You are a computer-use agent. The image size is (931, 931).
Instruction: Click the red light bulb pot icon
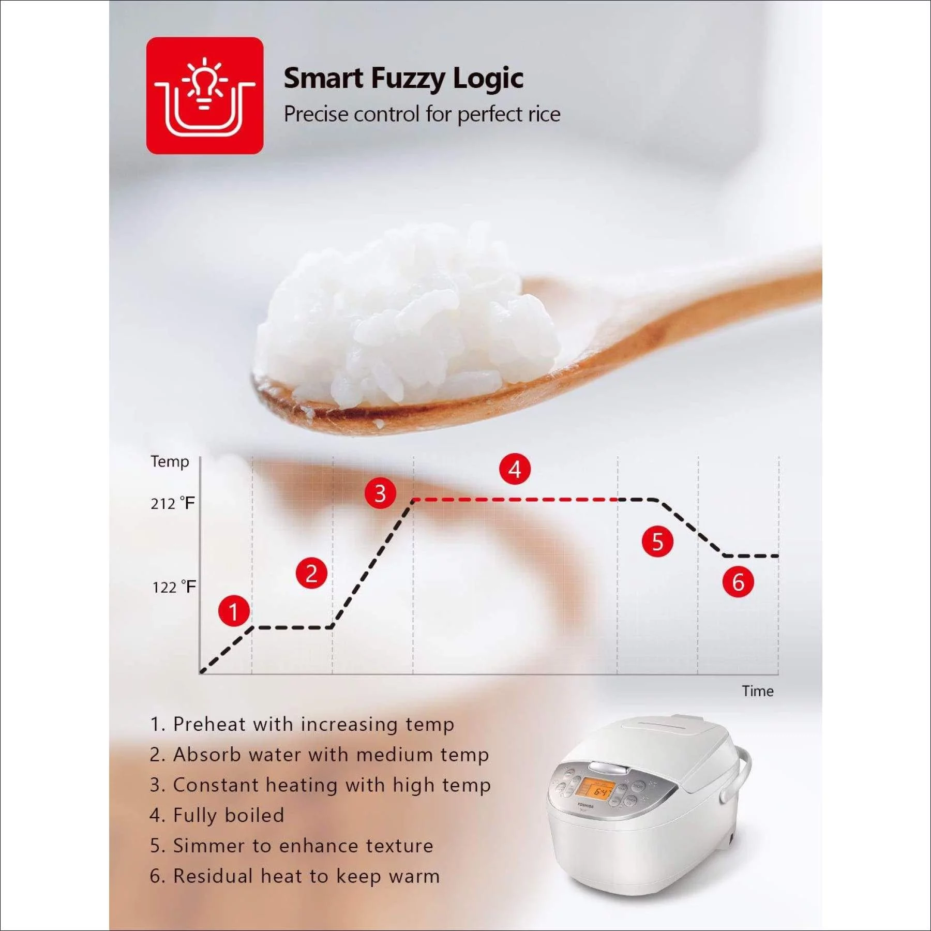pyautogui.click(x=205, y=96)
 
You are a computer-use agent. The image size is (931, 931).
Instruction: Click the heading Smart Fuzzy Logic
pyautogui.click(x=403, y=79)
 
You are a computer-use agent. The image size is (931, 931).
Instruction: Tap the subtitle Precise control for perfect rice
pyautogui.click(x=422, y=114)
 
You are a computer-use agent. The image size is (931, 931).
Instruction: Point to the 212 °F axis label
pyautogui.click(x=173, y=503)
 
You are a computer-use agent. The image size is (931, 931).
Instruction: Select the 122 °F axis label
pyautogui.click(x=174, y=587)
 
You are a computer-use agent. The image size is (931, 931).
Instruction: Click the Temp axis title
pyautogui.click(x=170, y=461)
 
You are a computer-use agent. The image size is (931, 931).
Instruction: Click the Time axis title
pyautogui.click(x=757, y=691)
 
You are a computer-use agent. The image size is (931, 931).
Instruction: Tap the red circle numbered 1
pyautogui.click(x=234, y=611)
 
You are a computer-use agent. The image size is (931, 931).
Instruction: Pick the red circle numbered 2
pyautogui.click(x=311, y=574)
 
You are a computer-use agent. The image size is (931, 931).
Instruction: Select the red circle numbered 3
pyautogui.click(x=380, y=493)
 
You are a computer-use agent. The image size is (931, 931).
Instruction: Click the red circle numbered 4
pyautogui.click(x=515, y=470)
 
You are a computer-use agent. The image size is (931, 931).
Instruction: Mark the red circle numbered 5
pyautogui.click(x=657, y=542)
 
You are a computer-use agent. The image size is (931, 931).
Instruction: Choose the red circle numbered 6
pyautogui.click(x=738, y=582)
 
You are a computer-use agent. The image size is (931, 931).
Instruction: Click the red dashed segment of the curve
pyautogui.click(x=515, y=500)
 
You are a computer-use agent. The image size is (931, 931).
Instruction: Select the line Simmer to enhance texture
pyautogui.click(x=292, y=846)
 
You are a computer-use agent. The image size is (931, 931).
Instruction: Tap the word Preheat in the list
pyautogui.click(x=209, y=725)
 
